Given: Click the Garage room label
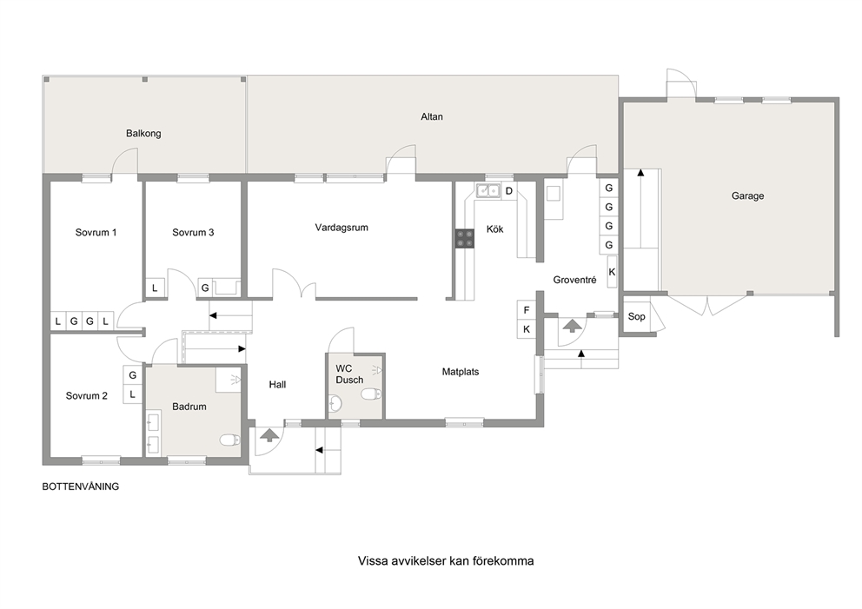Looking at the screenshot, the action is pos(747,196).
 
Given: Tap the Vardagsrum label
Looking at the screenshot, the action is pos(341,228).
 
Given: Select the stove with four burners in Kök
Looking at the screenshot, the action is pos(465,239).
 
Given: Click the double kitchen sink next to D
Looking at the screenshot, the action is pos(487,191).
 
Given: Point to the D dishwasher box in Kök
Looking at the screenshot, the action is pos(509,191).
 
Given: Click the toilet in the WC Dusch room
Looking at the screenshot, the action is pos(371,394).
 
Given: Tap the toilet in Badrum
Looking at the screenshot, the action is pos(229,440).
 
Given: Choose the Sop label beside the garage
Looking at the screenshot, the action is pos(636,316).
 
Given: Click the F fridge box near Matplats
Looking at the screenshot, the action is pos(527,310).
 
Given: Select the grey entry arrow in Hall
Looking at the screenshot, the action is pos(269,435).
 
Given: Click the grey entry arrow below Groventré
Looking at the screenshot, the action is pos(573,326).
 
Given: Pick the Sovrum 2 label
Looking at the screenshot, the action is pos(86,396).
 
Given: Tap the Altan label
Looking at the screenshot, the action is pos(432,116).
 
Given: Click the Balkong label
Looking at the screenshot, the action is pos(143,134).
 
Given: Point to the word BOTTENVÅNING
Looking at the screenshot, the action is pos(81,487).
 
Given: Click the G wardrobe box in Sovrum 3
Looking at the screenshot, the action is pos(205,288).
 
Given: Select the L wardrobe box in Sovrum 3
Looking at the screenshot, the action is pos(155,288).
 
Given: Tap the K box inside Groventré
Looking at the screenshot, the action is pos(612,272).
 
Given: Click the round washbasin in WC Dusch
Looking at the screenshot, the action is pos(335,405).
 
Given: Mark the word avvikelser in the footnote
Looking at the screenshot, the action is pos(418,561).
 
